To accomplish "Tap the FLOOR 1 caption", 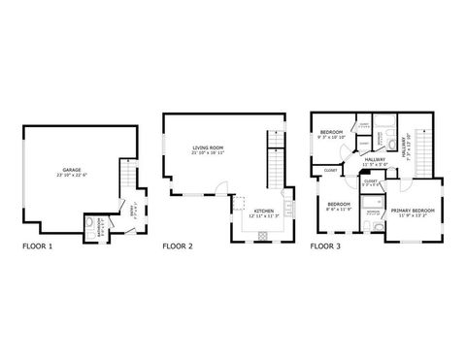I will tap(38, 246).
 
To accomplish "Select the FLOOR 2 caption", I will tap(178, 246).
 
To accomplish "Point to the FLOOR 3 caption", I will tap(325, 246).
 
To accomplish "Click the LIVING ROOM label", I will tap(208, 147).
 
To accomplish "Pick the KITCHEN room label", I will tap(263, 211).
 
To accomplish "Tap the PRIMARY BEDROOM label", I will tap(414, 210).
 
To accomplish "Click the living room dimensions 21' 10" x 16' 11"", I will tap(208, 153).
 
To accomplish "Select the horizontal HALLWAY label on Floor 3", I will tap(376, 159).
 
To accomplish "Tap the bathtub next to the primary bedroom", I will tap(375, 227).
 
